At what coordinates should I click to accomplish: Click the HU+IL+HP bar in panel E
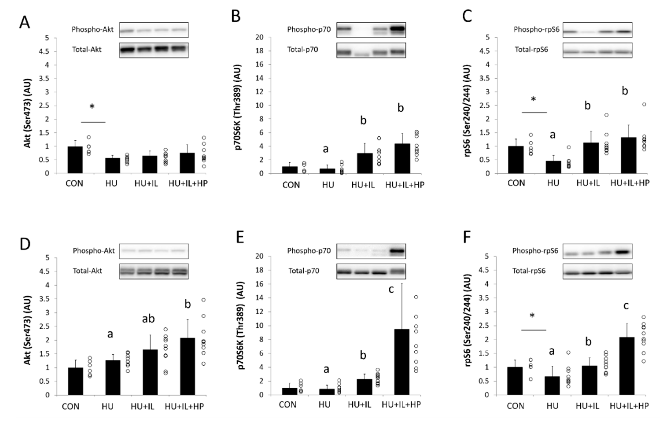[x=402, y=362]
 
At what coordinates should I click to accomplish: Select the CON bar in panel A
[x=75, y=160]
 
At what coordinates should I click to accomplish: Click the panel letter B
[x=236, y=16]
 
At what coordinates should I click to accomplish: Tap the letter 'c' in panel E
[x=391, y=289]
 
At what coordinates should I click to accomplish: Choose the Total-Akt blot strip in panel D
[x=154, y=271]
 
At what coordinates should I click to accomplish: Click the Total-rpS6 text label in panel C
[x=531, y=50]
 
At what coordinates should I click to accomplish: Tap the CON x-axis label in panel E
[x=287, y=405]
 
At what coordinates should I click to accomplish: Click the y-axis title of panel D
[x=28, y=330]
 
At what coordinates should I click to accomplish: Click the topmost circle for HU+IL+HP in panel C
[x=644, y=104]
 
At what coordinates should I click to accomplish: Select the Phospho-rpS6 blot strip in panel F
[x=598, y=251]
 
